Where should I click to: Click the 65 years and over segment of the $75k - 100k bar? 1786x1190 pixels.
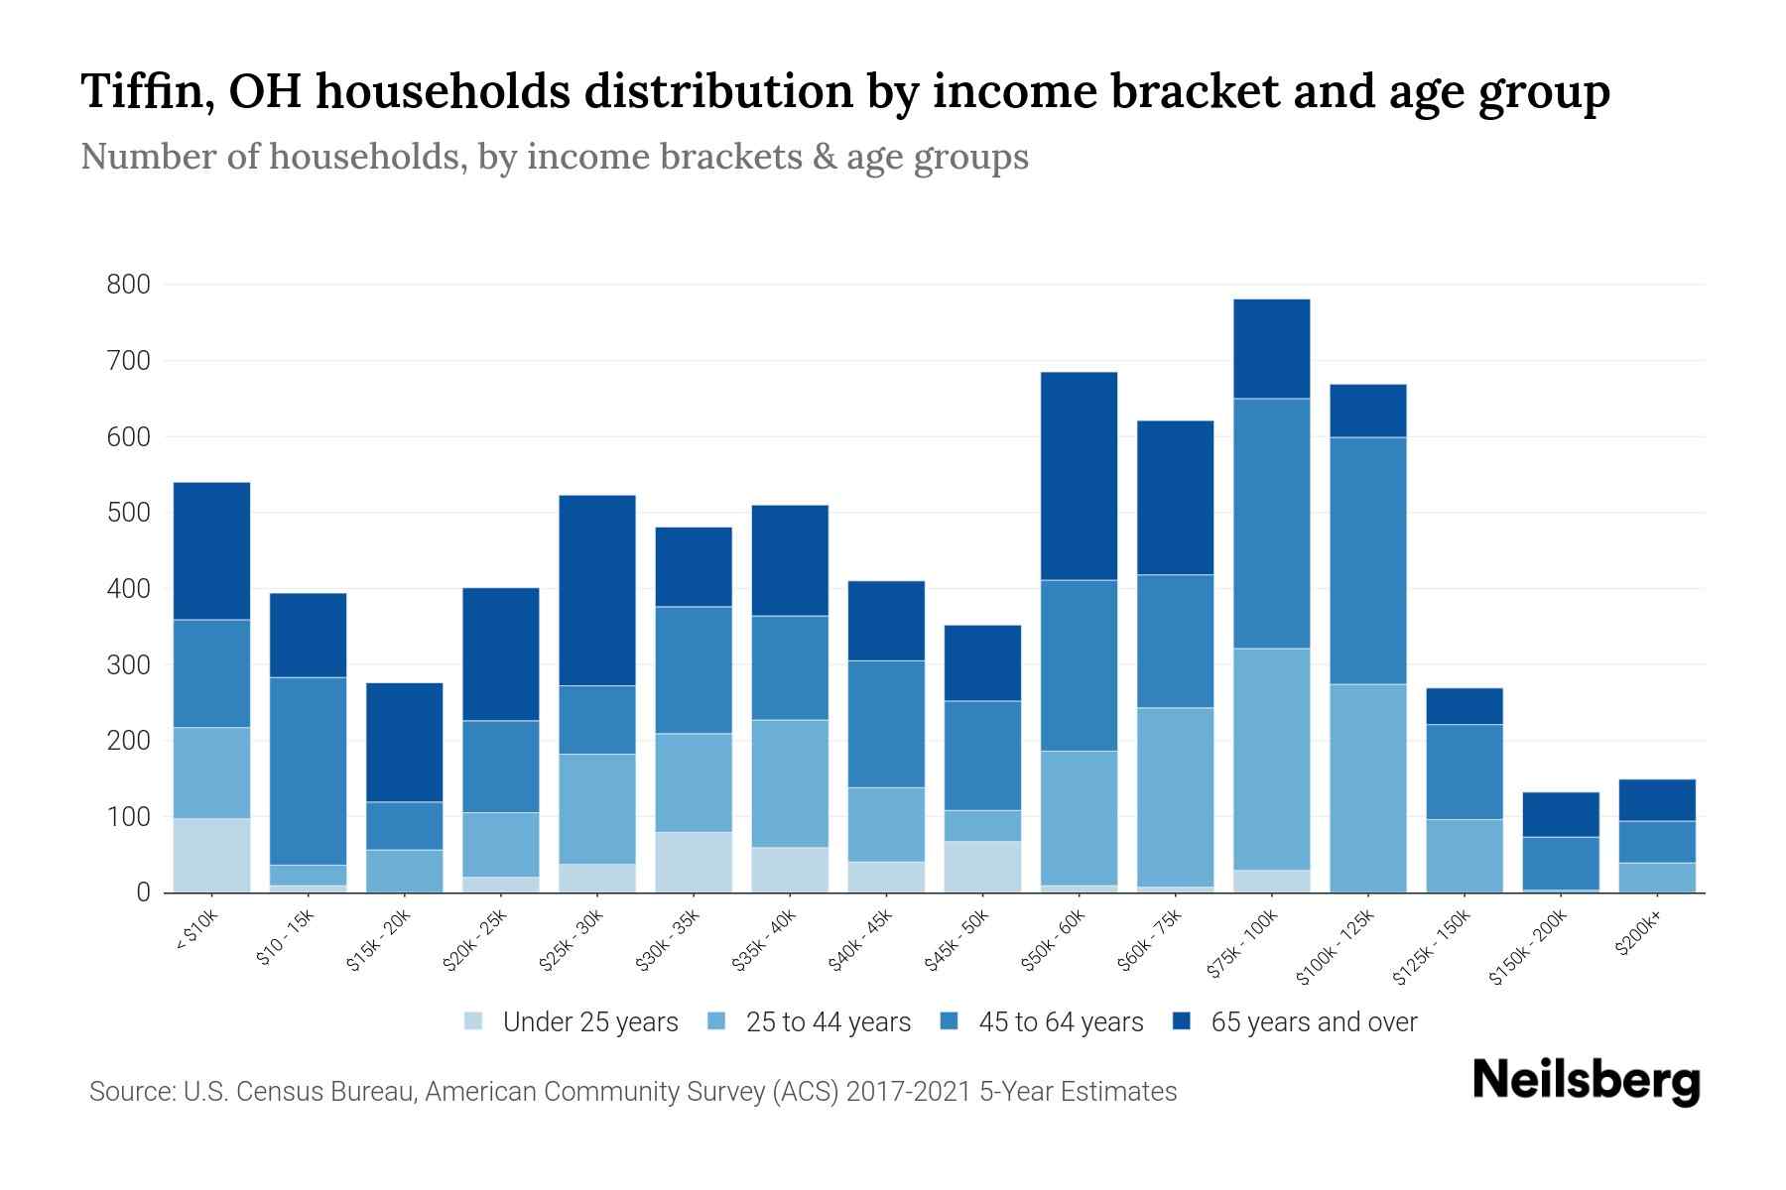[x=1271, y=349]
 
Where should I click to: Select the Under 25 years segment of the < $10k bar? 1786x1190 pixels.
[x=211, y=855]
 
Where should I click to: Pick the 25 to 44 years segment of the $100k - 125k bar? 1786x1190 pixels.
[x=1367, y=788]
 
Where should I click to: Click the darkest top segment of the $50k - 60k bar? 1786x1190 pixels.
[x=1079, y=476]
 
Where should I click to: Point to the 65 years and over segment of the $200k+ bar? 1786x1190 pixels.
[x=1656, y=800]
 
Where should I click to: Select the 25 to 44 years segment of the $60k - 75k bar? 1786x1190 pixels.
[x=1175, y=797]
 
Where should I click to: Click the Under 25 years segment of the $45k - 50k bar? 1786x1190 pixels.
[x=982, y=867]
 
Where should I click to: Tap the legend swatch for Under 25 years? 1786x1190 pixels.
[x=473, y=1021]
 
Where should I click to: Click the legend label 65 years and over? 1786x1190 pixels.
[x=1314, y=1022]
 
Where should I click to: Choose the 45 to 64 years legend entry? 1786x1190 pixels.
[x=1060, y=1022]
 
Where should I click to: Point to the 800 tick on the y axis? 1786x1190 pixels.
[x=128, y=286]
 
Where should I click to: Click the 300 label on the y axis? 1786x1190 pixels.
[x=128, y=665]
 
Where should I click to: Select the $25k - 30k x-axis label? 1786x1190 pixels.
[x=572, y=939]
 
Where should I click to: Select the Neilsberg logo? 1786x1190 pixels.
[x=1586, y=1082]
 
